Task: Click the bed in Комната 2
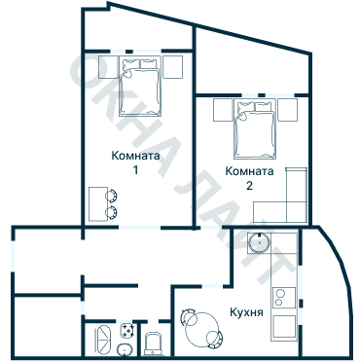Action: [256, 129]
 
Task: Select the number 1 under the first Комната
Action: [135, 171]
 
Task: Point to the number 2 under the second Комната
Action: [248, 186]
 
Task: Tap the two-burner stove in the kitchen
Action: [285, 292]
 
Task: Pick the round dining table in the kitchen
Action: [200, 328]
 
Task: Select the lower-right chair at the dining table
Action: [215, 343]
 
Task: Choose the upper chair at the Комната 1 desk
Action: [112, 194]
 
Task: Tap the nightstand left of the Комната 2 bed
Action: [222, 109]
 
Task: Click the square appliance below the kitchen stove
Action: [284, 326]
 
